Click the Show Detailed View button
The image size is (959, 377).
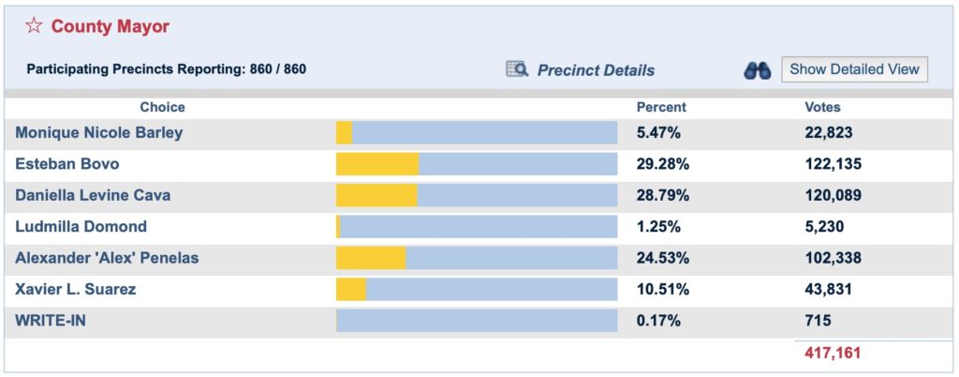point(854,68)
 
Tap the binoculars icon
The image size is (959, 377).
point(757,70)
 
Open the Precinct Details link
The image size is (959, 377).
point(596,70)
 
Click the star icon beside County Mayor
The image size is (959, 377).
point(34,26)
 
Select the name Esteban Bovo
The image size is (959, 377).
point(67,164)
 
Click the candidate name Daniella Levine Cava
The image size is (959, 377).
point(93,196)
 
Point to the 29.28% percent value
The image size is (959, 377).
point(662,164)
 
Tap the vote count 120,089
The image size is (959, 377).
point(833,196)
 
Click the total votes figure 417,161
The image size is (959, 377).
point(833,354)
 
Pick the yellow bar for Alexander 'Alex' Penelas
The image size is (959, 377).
point(371,258)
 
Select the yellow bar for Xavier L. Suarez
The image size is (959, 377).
point(351,289)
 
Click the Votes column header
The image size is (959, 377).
point(822,107)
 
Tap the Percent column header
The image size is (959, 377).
point(661,107)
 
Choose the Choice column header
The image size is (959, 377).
point(162,107)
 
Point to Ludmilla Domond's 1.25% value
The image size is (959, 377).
point(658,227)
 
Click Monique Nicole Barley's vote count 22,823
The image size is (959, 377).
point(829,132)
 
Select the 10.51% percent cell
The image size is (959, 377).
point(662,289)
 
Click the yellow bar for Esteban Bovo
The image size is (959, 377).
point(377,164)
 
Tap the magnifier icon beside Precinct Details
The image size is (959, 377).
point(517,69)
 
